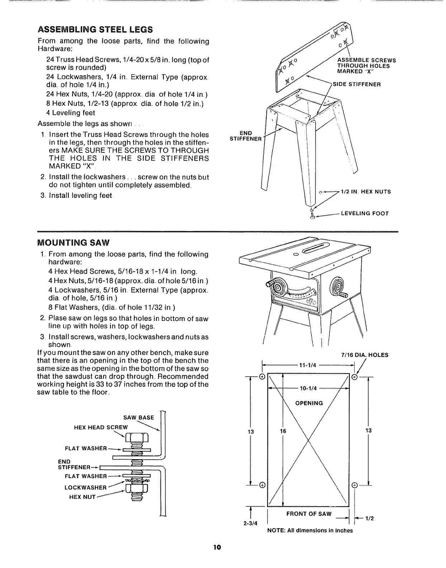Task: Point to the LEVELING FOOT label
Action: [365, 213]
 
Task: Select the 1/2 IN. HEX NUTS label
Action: [366, 192]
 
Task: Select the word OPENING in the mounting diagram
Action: [309, 403]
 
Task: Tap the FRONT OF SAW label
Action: [309, 513]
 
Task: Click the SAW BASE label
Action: [138, 417]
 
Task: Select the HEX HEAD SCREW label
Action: [100, 427]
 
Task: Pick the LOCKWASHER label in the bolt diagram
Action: [86, 488]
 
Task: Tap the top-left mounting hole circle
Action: [262, 377]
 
